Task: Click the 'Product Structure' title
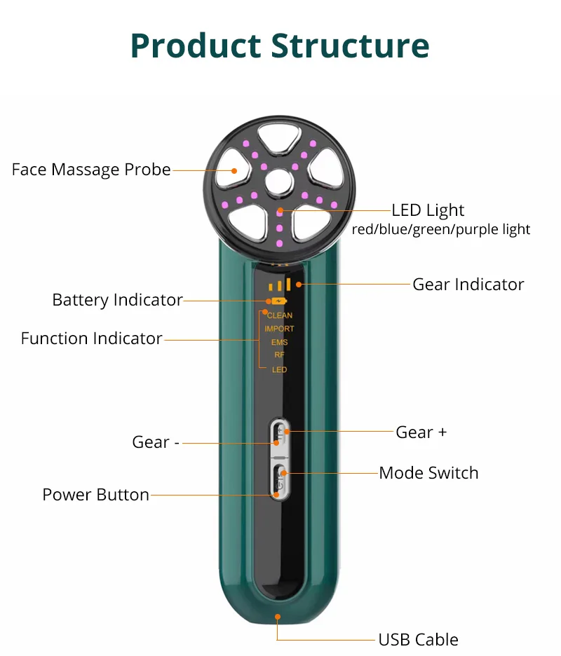pos(280,45)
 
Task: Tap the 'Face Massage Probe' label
pos(91,170)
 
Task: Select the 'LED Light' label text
pos(428,210)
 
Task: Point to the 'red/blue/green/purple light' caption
pos(441,229)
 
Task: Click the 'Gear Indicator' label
pos(468,284)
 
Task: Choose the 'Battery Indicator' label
pos(117,300)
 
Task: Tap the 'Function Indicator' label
pos(92,339)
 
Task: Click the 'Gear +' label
pos(421,432)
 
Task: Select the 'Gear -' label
pos(156,442)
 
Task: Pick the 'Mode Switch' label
pos(428,473)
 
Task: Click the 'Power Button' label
pos(96,495)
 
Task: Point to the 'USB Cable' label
pos(418,639)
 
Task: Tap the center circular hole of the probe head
pos(279,181)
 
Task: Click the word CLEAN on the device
pos(280,316)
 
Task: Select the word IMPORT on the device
pos(279,329)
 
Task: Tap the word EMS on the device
pos(279,343)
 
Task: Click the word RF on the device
pos(279,355)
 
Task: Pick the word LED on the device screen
pos(279,369)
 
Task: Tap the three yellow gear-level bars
pos(279,285)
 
